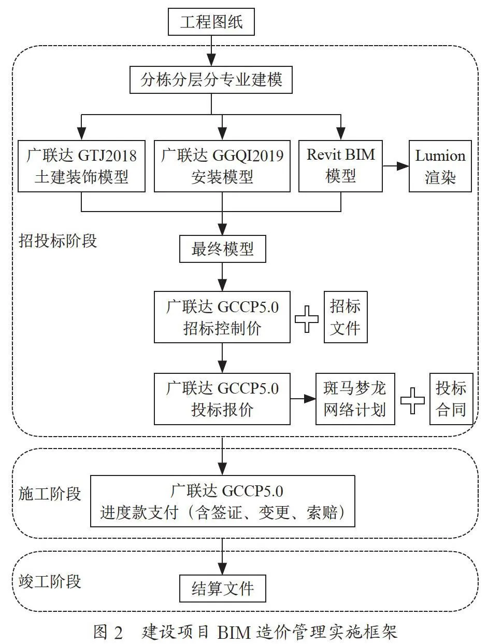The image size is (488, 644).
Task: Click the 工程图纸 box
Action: click(x=211, y=22)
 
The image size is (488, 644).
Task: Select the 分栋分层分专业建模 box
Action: click(x=211, y=80)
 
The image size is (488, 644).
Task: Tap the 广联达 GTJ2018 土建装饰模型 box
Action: click(x=81, y=166)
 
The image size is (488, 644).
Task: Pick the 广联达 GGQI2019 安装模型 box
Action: click(x=222, y=166)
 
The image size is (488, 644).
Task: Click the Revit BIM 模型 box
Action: click(x=340, y=166)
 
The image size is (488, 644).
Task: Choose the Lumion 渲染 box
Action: click(x=440, y=166)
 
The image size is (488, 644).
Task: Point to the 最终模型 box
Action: click(x=222, y=249)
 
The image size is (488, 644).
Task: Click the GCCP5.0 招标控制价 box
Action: click(x=222, y=317)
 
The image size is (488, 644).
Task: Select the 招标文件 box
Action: click(x=346, y=317)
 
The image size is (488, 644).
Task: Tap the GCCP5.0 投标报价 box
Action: click(x=222, y=399)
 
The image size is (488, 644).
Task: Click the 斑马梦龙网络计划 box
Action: click(x=355, y=399)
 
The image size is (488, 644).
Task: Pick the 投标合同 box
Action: click(x=451, y=399)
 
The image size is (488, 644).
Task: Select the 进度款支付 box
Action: click(x=222, y=501)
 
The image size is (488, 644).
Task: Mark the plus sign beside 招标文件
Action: click(x=307, y=319)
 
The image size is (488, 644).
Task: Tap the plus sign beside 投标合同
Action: click(x=412, y=401)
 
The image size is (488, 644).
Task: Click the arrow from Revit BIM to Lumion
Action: click(x=396, y=166)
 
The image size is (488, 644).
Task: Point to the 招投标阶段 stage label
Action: click(x=58, y=241)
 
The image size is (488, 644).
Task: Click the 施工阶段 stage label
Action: click(x=50, y=494)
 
